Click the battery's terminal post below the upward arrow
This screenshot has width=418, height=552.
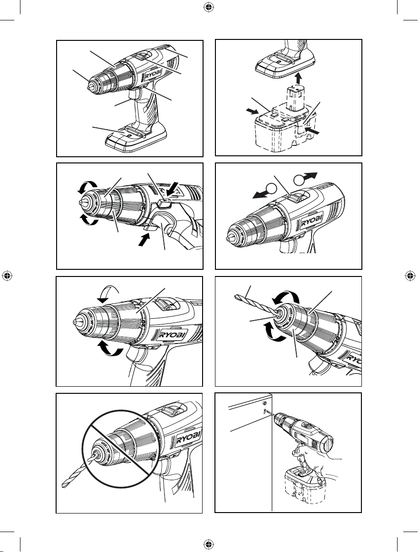click(x=298, y=102)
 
